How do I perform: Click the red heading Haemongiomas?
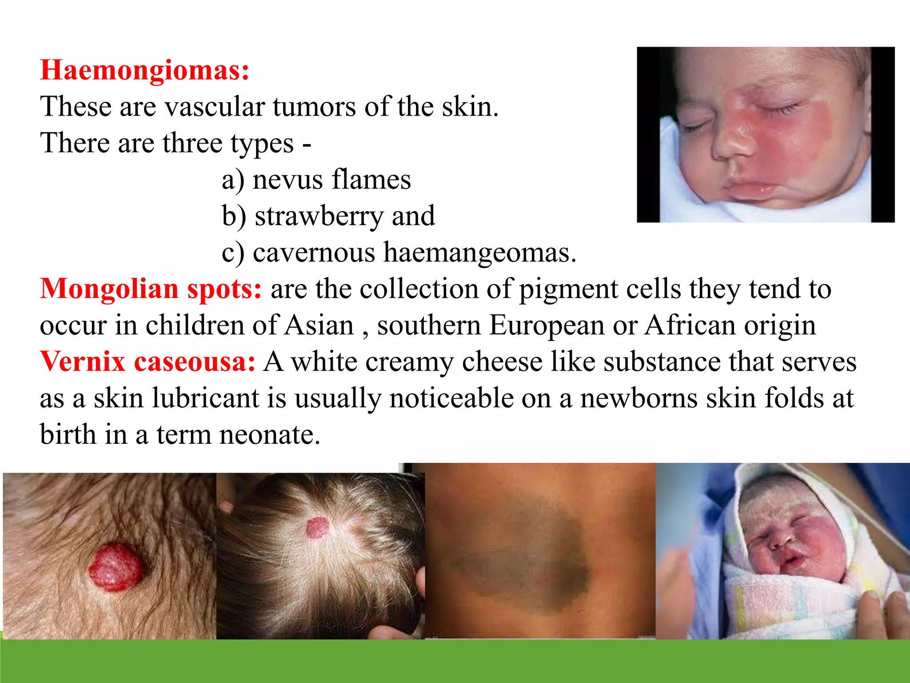click(x=145, y=71)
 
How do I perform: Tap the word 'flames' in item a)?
click(x=371, y=180)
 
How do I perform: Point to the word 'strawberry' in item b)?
click(x=319, y=216)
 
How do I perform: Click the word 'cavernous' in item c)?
click(x=314, y=253)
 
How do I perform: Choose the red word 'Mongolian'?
click(x=109, y=289)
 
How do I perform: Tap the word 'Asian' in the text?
click(x=319, y=325)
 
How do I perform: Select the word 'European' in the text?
click(x=547, y=325)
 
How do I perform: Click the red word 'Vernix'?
click(x=83, y=362)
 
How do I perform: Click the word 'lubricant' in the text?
click(x=206, y=398)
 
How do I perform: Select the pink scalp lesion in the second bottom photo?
click(x=317, y=528)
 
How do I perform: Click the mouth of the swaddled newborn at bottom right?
click(x=791, y=561)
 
